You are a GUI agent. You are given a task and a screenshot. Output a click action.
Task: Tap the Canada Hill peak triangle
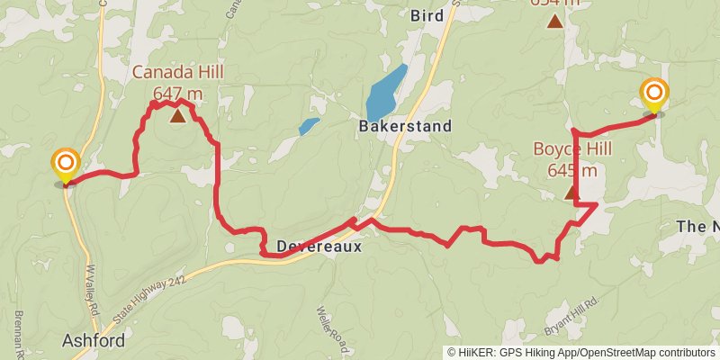178,114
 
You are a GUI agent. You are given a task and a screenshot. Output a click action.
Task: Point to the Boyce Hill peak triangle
571,192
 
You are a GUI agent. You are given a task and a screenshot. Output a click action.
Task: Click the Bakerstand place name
405,127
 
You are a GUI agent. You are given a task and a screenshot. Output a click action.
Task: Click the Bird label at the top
427,15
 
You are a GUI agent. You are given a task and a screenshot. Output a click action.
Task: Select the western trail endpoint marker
66,166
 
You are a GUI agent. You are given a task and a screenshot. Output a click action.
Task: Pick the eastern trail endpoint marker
654,95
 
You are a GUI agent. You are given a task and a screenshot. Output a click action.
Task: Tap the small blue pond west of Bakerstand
309,126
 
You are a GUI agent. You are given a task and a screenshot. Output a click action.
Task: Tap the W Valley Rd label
92,288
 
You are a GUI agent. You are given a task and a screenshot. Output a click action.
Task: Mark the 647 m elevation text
176,92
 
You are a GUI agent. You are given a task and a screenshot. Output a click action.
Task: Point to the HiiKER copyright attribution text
581,353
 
